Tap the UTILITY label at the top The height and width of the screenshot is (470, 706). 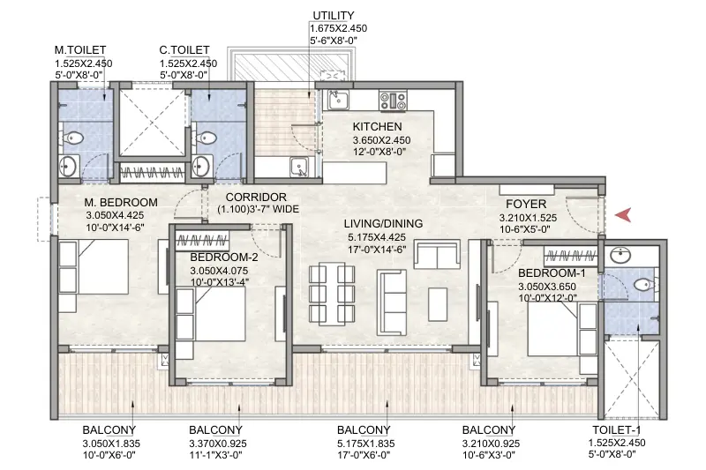click(333, 16)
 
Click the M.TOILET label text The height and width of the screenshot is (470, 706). click(80, 51)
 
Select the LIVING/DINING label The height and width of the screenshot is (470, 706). click(384, 223)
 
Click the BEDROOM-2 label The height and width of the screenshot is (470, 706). click(223, 257)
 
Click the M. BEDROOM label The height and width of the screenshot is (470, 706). click(121, 202)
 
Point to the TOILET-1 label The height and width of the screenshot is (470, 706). click(618, 431)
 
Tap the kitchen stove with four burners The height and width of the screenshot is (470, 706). click(393, 100)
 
